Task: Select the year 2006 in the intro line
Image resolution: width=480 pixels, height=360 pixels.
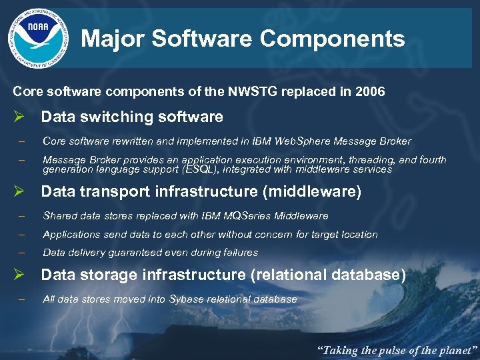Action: [371, 92]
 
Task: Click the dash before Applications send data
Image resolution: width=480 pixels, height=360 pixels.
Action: [22, 235]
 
